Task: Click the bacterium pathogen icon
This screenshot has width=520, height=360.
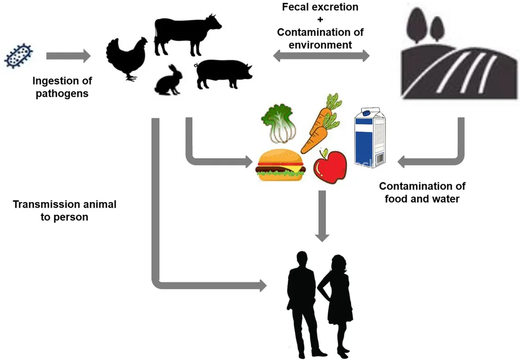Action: pyautogui.click(x=18, y=55)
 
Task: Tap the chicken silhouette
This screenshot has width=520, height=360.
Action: pyautogui.click(x=126, y=57)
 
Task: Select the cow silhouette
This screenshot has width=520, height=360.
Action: pyautogui.click(x=185, y=35)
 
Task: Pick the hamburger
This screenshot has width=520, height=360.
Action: pyautogui.click(x=280, y=165)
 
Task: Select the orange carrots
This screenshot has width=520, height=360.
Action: pyautogui.click(x=320, y=124)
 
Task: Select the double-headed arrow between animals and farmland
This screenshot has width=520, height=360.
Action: pyautogui.click(x=321, y=56)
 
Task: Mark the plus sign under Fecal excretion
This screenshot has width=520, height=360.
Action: pyautogui.click(x=320, y=20)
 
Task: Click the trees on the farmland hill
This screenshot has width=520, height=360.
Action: pyautogui.click(x=427, y=25)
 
